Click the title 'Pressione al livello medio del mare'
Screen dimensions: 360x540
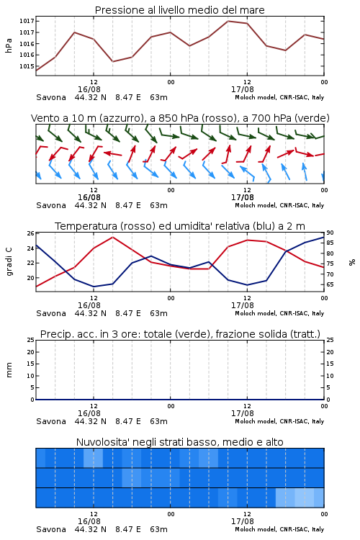(179, 10)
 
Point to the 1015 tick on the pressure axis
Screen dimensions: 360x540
(27, 66)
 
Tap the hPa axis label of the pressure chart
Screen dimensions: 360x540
(9, 46)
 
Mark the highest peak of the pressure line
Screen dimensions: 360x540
(228, 21)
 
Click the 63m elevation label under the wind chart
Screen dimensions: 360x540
(159, 206)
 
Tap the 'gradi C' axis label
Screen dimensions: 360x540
(9, 262)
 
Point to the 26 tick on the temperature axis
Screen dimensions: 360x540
(31, 233)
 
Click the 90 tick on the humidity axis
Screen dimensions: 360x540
(330, 233)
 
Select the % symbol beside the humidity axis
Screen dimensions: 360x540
(352, 262)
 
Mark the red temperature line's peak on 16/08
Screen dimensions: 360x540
(112, 237)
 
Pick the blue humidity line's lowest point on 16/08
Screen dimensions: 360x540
(94, 287)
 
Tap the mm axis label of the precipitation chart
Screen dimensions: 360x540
(9, 370)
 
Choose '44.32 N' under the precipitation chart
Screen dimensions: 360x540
(91, 421)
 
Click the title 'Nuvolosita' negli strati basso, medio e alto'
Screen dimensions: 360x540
(179, 442)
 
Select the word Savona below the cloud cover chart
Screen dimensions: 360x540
(51, 530)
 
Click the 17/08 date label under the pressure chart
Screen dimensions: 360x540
(243, 89)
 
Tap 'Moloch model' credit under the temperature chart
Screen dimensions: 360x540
(256, 313)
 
